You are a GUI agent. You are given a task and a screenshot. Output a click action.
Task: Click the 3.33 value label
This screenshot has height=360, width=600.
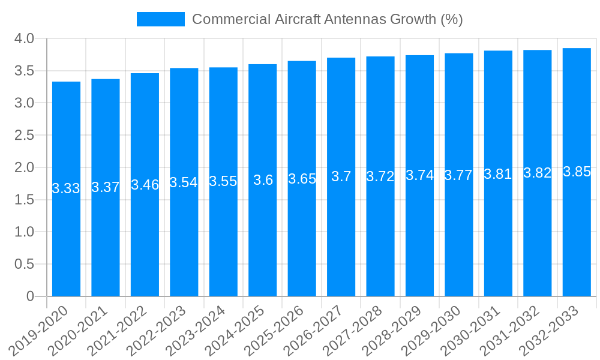pos(66,188)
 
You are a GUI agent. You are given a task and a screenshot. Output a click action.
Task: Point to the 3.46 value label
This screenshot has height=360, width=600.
pos(145,184)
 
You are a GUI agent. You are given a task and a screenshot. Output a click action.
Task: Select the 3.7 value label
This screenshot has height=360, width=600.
pos(341,177)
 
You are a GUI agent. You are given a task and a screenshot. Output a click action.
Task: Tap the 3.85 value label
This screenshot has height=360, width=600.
pos(577,172)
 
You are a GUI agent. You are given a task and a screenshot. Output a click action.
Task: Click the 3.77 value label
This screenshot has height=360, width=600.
pos(459,175)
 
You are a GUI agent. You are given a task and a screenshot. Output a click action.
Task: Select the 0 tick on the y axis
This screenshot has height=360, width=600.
pos(30,296)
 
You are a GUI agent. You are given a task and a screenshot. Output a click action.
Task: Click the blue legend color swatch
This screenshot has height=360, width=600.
pos(160,19)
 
